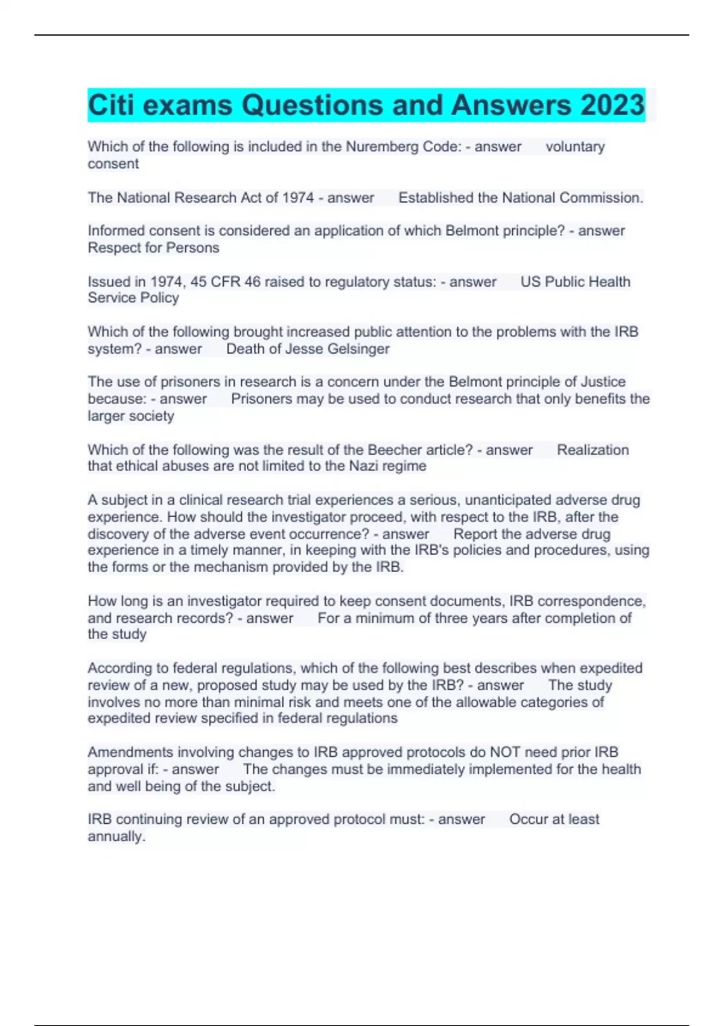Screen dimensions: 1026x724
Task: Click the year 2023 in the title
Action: coord(612,105)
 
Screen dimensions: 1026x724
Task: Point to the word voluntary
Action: coord(575,147)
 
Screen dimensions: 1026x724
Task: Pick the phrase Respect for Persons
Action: coord(153,247)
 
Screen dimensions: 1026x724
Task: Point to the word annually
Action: coord(116,836)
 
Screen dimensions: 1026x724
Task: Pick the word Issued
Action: coord(106,282)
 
